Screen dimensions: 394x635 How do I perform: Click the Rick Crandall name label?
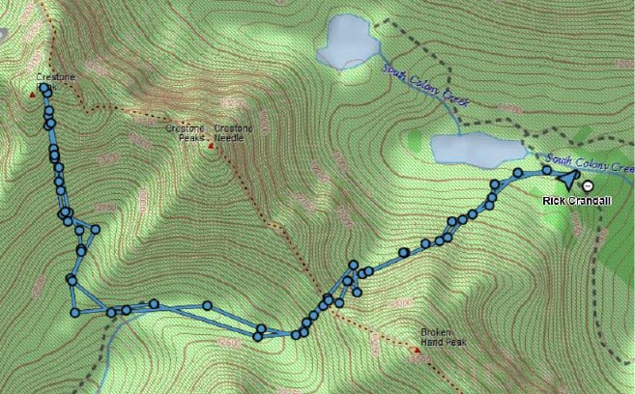(x=571, y=200)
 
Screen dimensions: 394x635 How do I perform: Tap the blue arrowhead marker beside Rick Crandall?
(x=567, y=178)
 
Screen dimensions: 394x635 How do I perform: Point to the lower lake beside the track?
(x=475, y=149)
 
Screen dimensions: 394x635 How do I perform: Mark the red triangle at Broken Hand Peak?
(x=406, y=350)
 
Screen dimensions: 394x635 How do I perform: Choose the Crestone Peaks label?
(x=185, y=133)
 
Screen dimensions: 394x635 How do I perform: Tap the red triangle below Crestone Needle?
(x=211, y=148)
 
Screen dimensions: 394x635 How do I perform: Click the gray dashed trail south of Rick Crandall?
(x=603, y=251)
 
